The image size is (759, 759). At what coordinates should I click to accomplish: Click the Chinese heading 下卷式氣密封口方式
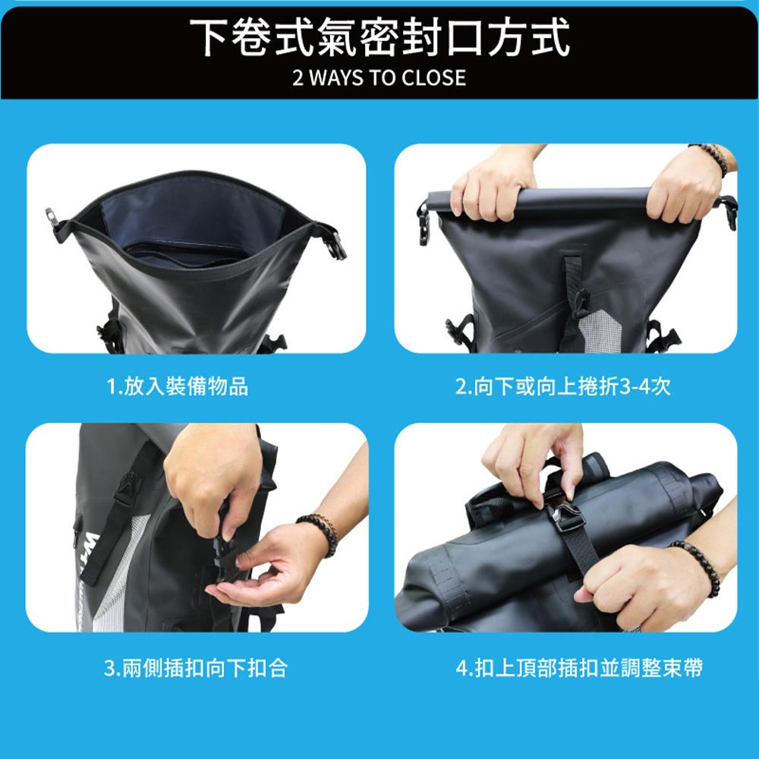[379, 38]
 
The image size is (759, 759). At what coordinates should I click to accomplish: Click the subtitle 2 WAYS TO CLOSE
[379, 77]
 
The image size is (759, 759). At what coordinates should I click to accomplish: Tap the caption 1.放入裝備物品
[177, 387]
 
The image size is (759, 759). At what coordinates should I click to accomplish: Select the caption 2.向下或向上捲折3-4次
[562, 387]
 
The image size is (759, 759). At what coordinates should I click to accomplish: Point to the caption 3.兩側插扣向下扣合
[195, 669]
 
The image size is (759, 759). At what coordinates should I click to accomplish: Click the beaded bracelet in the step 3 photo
[319, 531]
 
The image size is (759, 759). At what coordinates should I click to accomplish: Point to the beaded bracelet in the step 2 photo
[709, 158]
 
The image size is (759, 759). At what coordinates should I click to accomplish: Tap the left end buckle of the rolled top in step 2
[424, 224]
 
